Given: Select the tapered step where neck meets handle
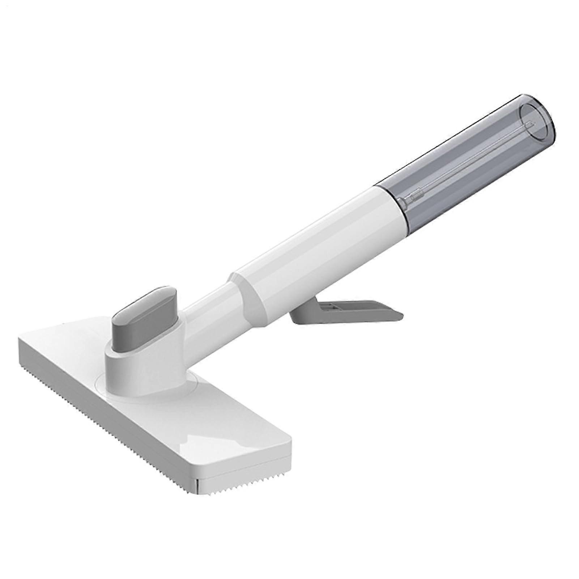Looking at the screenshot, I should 250,289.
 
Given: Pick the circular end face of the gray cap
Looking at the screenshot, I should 536,122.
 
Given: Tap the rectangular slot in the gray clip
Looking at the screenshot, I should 333,307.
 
